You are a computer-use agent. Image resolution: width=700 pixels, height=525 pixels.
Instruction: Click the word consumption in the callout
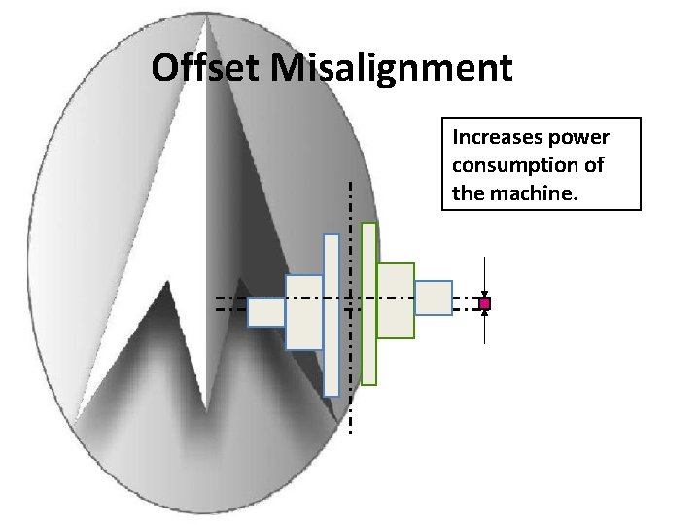click(511, 165)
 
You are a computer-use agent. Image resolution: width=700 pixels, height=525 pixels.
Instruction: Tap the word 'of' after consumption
click(593, 165)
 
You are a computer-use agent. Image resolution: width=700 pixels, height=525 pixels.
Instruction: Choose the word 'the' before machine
click(467, 193)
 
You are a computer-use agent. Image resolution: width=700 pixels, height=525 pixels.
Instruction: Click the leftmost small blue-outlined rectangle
click(265, 312)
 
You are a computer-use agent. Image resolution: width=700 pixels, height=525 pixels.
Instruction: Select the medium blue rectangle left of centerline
click(303, 311)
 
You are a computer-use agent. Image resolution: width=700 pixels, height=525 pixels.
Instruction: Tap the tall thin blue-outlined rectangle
click(332, 314)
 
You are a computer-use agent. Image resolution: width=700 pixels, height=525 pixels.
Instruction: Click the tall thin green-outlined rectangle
click(368, 303)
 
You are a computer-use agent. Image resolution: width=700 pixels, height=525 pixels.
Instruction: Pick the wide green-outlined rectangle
click(395, 300)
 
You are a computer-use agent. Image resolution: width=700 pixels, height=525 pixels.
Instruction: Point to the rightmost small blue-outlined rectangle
click(434, 297)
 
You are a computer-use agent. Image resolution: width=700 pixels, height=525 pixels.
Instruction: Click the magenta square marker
click(485, 304)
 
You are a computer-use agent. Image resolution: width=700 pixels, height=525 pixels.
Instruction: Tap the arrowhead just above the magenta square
click(485, 294)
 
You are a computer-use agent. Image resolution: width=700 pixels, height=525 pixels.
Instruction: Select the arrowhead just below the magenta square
click(485, 314)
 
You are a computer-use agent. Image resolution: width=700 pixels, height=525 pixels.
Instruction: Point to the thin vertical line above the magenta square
click(485, 273)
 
